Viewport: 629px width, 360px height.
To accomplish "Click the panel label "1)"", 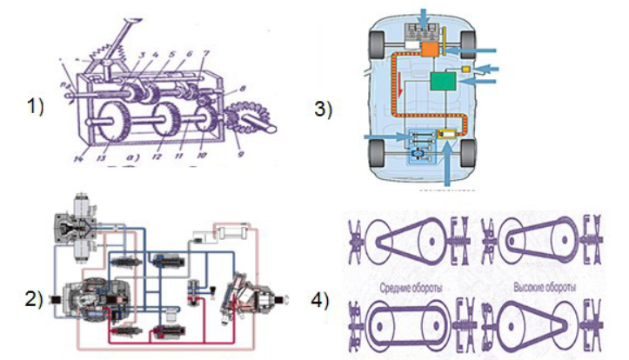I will (x=35, y=108).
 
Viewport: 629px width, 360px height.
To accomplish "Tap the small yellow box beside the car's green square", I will (x=468, y=68).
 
